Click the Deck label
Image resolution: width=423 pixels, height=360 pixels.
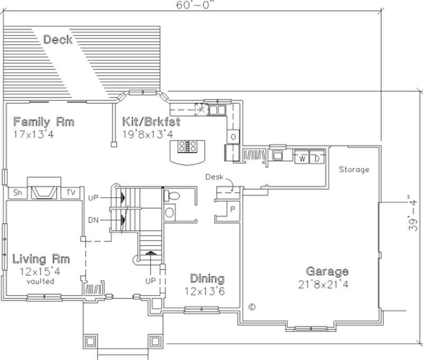click(58, 40)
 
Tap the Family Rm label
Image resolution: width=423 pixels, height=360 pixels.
click(44, 122)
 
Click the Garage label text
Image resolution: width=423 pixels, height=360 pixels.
click(327, 272)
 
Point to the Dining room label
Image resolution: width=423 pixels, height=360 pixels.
click(207, 279)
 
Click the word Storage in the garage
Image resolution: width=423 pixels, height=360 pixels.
click(354, 170)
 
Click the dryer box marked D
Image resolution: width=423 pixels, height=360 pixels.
click(316, 159)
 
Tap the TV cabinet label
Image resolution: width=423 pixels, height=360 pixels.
click(70, 192)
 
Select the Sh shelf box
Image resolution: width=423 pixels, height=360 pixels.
click(17, 192)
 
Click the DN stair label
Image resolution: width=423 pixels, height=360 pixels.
click(94, 218)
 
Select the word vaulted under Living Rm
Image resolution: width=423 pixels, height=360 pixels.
click(41, 282)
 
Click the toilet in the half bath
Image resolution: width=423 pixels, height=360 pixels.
click(172, 196)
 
